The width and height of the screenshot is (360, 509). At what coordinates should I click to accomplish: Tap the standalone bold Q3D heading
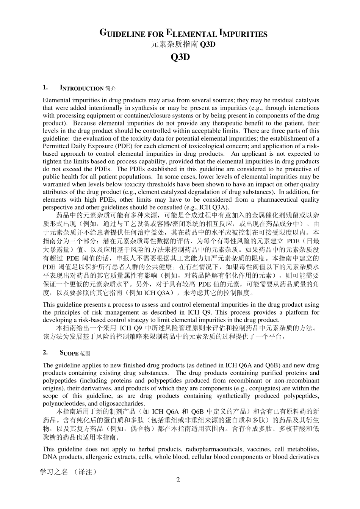[x=180, y=57]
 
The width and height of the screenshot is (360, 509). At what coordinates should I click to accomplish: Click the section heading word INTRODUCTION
[x=81, y=89]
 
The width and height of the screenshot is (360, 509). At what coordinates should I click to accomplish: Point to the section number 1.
[x=45, y=88]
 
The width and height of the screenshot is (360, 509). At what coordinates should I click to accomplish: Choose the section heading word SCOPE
[x=69, y=353]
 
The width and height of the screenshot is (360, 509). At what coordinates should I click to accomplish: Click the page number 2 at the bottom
[x=178, y=480]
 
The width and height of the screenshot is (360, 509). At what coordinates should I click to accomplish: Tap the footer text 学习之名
[x=54, y=472]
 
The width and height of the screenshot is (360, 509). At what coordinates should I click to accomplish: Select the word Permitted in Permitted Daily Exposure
[x=56, y=146]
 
